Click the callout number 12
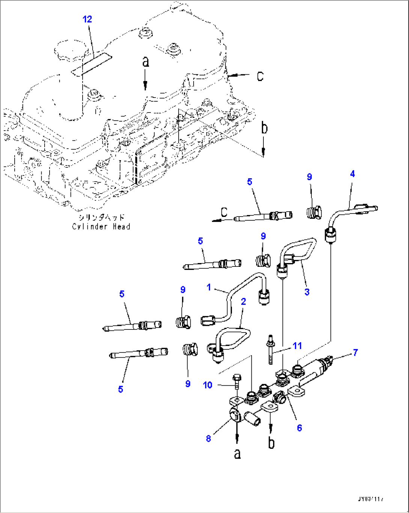(87, 19)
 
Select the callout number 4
(352, 174)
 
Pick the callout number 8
(209, 438)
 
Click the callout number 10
(208, 385)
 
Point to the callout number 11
(297, 346)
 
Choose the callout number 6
(299, 428)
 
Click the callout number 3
(307, 292)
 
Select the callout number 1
(209, 287)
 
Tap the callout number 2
(244, 301)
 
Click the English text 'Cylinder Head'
(101, 227)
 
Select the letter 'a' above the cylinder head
(146, 62)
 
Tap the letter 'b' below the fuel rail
(271, 443)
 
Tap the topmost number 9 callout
(309, 177)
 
